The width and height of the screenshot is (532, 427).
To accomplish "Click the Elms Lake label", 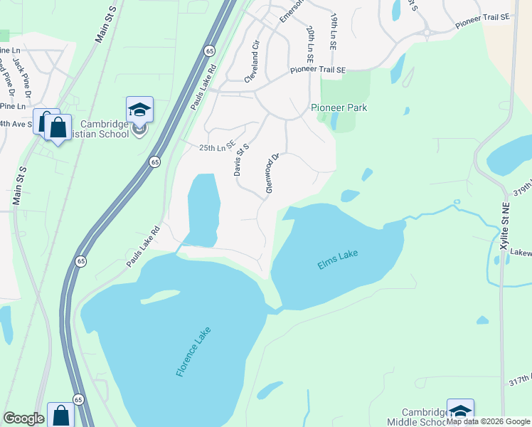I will point(339,260).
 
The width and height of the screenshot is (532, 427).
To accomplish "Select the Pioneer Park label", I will point(339,107).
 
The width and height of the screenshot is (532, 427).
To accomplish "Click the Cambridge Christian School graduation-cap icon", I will point(140,111).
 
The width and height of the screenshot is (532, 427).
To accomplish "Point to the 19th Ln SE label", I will point(333,30).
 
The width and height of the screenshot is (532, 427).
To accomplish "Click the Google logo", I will point(23,418).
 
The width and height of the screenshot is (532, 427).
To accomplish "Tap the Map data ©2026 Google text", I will point(489,421).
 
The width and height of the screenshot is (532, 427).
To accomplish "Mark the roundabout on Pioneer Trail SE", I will point(428,31).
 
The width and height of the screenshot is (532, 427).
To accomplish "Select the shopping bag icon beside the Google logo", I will point(60,416).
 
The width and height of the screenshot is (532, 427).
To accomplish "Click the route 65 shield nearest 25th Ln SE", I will point(154,162).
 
